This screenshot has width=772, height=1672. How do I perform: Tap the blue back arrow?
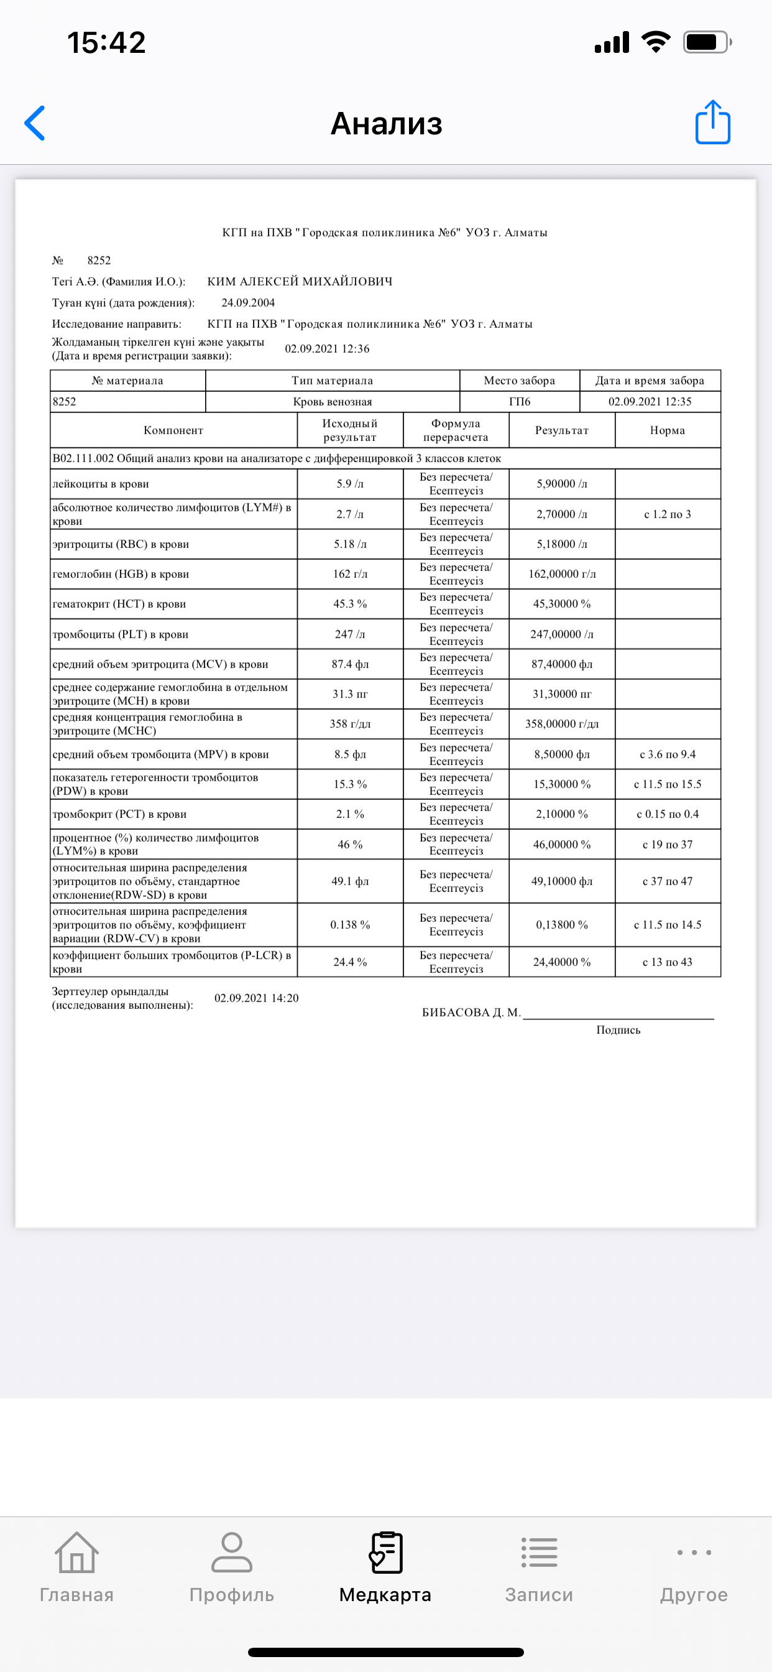click(x=35, y=123)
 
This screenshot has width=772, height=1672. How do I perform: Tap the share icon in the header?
click(x=712, y=122)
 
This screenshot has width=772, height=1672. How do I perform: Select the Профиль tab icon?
click(x=232, y=1553)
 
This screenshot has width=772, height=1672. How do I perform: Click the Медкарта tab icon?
click(x=385, y=1553)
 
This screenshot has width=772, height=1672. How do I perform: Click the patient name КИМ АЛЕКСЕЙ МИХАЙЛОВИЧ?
click(x=300, y=281)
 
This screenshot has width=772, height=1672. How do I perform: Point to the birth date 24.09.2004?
click(x=248, y=302)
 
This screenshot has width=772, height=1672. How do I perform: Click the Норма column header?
click(x=667, y=430)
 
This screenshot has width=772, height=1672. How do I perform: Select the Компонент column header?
click(x=173, y=430)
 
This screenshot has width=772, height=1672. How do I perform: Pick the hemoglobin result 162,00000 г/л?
click(x=562, y=574)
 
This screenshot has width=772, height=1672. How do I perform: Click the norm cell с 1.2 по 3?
click(x=667, y=514)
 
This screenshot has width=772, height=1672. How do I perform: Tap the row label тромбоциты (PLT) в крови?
click(x=121, y=634)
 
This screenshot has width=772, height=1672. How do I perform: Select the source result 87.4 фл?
click(x=350, y=664)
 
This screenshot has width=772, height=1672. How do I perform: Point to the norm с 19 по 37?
click(x=667, y=845)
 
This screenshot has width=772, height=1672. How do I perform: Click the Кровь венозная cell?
click(x=332, y=402)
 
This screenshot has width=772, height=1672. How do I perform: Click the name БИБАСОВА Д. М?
click(x=471, y=1013)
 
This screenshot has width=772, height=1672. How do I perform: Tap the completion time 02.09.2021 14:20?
click(x=256, y=998)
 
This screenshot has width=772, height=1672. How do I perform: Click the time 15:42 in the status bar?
click(x=106, y=43)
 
